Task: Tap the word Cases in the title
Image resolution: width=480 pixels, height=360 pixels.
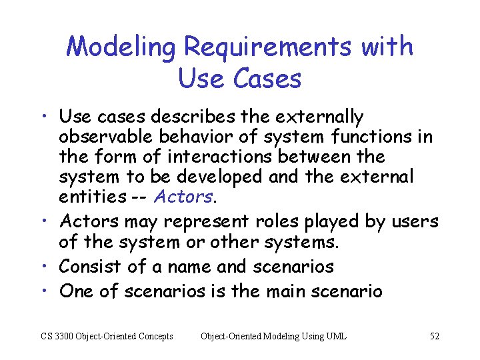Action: click(x=267, y=79)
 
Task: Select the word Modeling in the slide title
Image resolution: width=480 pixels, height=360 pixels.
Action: click(x=122, y=47)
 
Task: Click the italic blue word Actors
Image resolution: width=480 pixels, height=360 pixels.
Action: click(x=184, y=197)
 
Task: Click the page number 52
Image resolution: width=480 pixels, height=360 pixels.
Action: click(x=435, y=336)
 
